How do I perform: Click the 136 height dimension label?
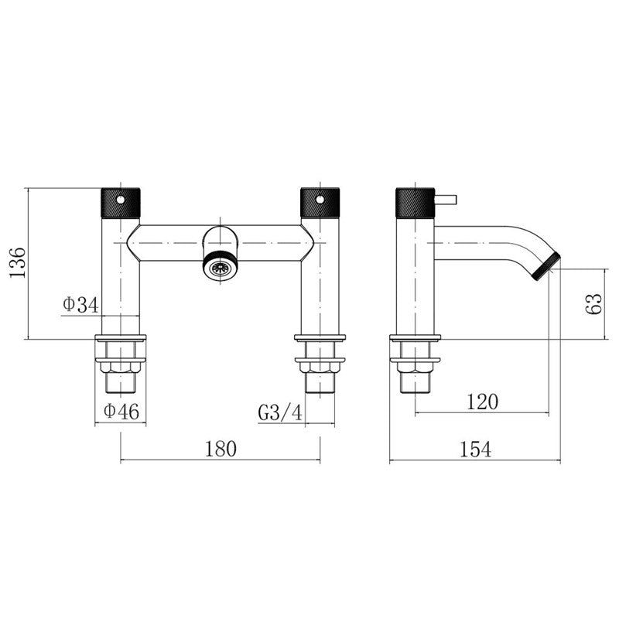coord(17,264)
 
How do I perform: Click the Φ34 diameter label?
coord(80,306)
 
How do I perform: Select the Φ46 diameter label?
coord(120,412)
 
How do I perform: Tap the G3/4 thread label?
coord(280,412)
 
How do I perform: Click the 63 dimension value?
coord(595,303)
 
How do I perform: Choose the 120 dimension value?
coord(482,401)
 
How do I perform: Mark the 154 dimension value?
coord(475,450)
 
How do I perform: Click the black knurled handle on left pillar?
coord(121,203)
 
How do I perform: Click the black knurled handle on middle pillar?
coord(320,203)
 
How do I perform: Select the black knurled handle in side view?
coord(414,203)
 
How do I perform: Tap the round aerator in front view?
coord(221,267)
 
